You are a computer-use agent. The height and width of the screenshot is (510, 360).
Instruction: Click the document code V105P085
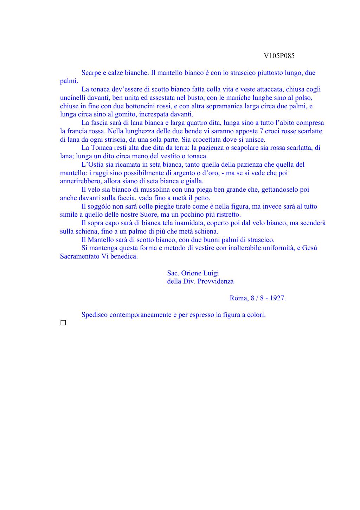point(279,56)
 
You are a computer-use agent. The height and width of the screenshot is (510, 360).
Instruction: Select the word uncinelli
point(72,98)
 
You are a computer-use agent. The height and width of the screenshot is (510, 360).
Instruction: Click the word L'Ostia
point(92,165)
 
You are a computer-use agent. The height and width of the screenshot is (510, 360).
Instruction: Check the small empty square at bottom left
point(63,323)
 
